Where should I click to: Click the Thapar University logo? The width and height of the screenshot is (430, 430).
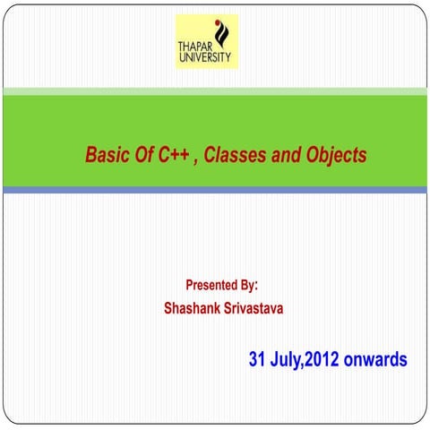coord(207,41)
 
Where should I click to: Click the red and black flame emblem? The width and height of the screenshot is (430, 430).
coord(223,33)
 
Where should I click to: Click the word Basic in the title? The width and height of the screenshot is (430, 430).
coord(106,155)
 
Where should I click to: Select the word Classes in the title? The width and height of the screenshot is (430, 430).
coord(234,155)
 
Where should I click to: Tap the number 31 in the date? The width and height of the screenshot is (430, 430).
coord(259,360)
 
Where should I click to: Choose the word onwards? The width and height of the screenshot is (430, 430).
coord(376,360)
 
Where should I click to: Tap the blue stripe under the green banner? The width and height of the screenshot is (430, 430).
coord(215,190)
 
